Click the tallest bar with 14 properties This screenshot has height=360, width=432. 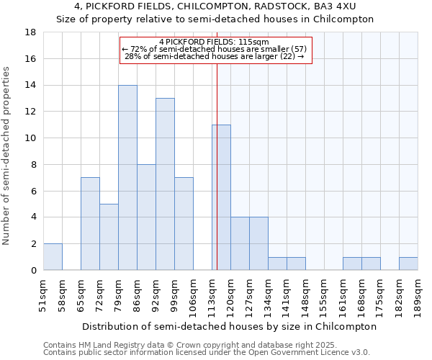127,178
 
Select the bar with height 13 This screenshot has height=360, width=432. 165,184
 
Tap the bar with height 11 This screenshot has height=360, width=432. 222,197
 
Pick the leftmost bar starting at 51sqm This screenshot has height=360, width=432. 53,257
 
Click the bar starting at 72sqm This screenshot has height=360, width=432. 109,237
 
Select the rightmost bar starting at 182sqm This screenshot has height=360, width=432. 408,264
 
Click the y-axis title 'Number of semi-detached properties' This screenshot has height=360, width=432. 7,156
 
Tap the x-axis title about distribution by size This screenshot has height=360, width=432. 229,326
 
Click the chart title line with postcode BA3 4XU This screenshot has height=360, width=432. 215,6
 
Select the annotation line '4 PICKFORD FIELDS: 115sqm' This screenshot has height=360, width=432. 214,42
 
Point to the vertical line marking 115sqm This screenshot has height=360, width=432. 217,166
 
